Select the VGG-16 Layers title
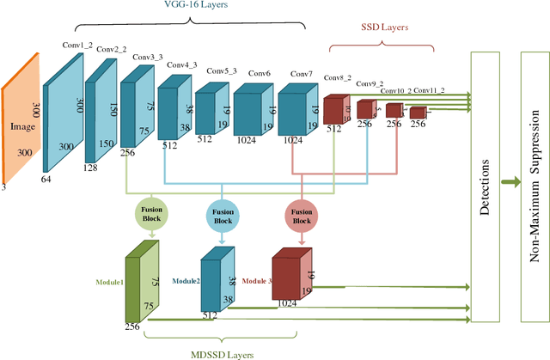[x=195, y=6]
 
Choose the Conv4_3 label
[x=182, y=64]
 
